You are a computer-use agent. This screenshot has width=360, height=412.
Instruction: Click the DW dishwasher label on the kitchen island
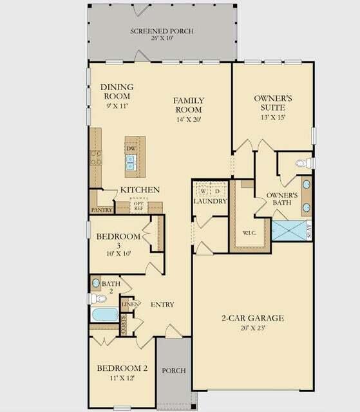pos(131,149)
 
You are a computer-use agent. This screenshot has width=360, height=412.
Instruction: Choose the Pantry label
pos(102,210)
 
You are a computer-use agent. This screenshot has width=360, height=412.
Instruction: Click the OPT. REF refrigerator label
pos(138,206)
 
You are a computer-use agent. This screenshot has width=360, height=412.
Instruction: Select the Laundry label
pos(211,201)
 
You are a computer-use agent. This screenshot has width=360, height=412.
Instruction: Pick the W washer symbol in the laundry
pos(202,191)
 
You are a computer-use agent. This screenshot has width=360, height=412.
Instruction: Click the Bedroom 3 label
pos(118,237)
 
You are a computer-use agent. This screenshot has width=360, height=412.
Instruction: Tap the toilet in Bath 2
pos(98,299)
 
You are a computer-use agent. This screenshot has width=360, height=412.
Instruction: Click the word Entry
pos(164,304)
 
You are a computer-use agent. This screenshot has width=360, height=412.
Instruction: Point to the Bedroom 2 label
pos(122,368)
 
